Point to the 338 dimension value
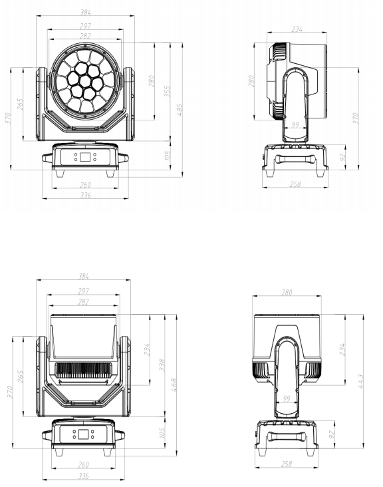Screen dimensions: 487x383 163,364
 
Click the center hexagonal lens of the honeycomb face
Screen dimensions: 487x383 86,81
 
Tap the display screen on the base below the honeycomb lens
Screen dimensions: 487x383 86,158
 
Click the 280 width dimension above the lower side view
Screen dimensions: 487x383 287,291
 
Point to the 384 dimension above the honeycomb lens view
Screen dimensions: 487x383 86,13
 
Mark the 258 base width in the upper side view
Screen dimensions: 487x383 296,183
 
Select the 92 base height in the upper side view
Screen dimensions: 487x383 342,158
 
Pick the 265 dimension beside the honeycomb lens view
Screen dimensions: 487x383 21,104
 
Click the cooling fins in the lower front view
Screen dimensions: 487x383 84,371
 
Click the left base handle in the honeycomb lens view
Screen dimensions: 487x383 47,158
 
